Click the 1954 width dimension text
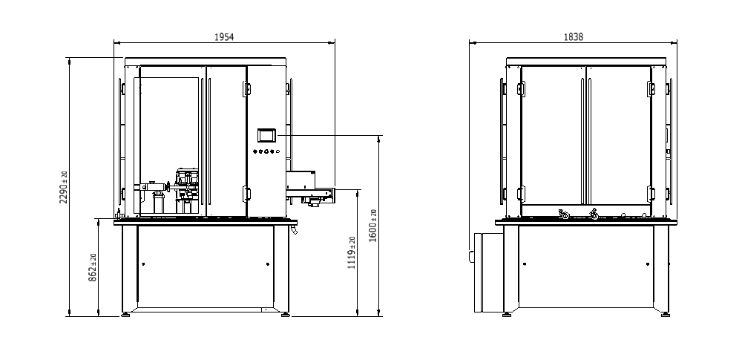click(224, 37)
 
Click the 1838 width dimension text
click(573, 37)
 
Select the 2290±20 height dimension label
click(64, 187)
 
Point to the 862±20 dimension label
click(93, 268)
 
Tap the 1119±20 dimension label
click(352, 253)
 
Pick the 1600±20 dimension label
click(373, 226)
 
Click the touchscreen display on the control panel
click(266, 136)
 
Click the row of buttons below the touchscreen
click(266, 151)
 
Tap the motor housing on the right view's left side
click(488, 273)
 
